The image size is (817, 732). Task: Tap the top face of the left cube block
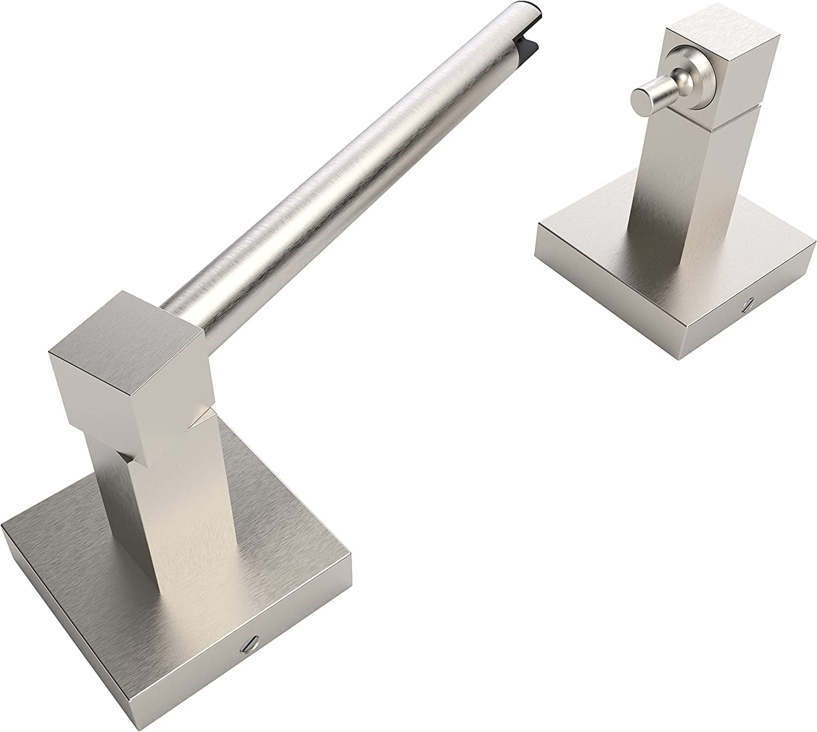tap(125, 321)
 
